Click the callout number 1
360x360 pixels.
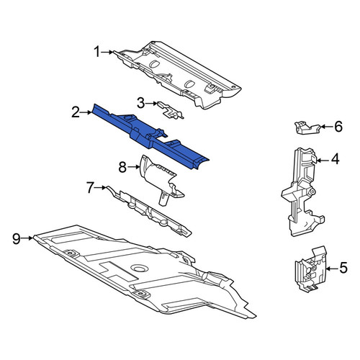(97, 52)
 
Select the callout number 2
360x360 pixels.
(76, 112)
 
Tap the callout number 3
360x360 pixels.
(141, 103)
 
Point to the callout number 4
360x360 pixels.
(336, 159)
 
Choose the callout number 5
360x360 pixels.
(343, 268)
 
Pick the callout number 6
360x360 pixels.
(338, 127)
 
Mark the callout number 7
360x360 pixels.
(90, 187)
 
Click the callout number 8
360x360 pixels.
(122, 167)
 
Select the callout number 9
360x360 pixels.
(17, 238)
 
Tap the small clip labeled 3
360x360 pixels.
(171, 111)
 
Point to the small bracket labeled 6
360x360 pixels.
(307, 127)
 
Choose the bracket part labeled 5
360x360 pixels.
(310, 269)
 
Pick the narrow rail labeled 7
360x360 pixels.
(149, 211)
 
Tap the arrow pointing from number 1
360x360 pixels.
(107, 52)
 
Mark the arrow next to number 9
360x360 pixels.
(27, 238)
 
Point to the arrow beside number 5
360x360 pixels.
(333, 269)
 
